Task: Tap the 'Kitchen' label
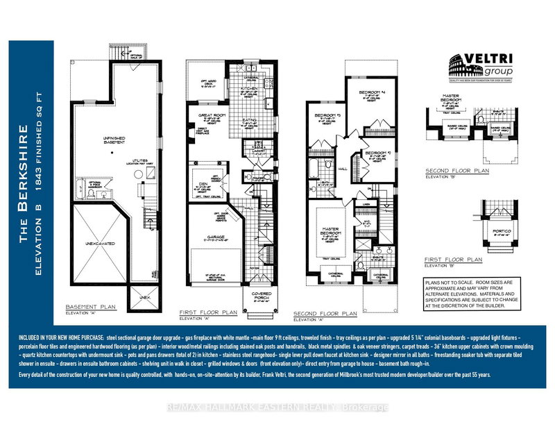[251, 89]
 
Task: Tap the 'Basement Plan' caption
[89, 306]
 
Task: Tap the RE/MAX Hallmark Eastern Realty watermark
[277, 407]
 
